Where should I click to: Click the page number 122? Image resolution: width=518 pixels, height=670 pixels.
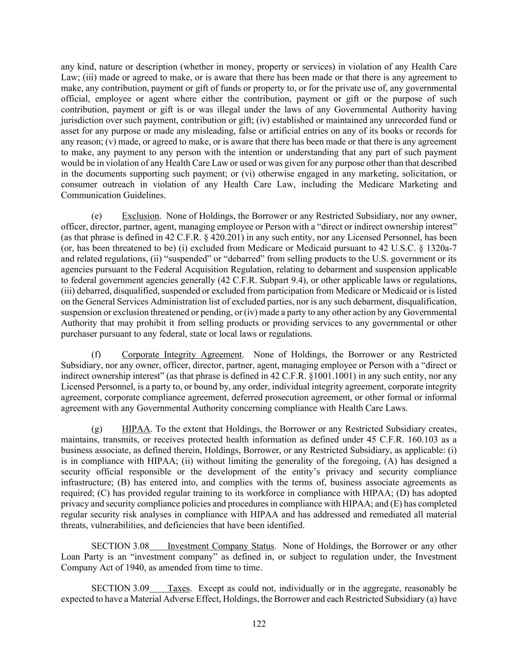click(259, 624)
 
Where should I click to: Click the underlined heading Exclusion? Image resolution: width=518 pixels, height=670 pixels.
click(140, 216)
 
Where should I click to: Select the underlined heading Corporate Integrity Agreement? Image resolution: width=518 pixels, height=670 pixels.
click(182, 354)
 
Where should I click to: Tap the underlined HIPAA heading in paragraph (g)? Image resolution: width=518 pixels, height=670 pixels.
click(136, 429)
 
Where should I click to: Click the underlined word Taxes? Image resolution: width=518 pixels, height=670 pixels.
click(179, 588)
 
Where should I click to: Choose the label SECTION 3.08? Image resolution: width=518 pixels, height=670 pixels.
click(120, 546)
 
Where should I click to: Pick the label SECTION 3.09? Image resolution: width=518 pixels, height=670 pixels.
click(120, 588)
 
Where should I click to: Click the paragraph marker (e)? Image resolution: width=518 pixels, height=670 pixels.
click(97, 216)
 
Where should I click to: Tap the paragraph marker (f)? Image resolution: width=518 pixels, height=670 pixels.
click(97, 354)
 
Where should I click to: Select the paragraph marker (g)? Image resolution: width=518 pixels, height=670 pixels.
click(97, 429)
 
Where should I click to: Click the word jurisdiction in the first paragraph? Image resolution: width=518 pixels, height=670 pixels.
click(82, 120)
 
